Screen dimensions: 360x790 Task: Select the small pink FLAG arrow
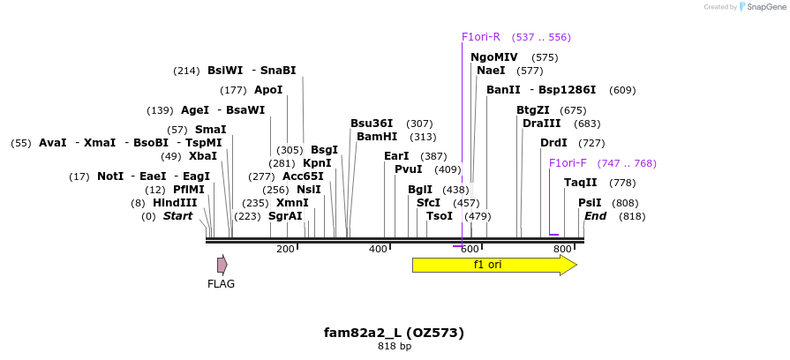point(222,265)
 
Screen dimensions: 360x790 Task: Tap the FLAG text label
point(221,284)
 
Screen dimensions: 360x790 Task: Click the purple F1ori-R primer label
point(481,37)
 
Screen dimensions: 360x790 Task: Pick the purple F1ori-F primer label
point(568,163)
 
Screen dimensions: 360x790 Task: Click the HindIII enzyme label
point(175,203)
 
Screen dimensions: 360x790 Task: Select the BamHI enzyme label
point(377,137)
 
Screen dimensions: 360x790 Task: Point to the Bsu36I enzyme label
point(372,124)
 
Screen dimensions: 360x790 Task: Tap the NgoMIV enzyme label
point(494,57)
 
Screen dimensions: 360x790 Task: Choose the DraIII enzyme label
point(542,124)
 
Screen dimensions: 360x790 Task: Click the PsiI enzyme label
point(590,203)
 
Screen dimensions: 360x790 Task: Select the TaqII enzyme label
point(581,183)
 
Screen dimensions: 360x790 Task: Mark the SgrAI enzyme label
point(285,216)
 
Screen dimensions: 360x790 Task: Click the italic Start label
point(177,216)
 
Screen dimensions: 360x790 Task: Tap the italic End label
point(595,216)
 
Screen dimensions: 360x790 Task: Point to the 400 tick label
point(378,250)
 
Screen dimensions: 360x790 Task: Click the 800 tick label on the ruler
point(562,250)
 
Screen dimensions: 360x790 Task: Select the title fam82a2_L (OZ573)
point(394,333)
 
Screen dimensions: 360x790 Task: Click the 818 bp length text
point(394,347)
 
